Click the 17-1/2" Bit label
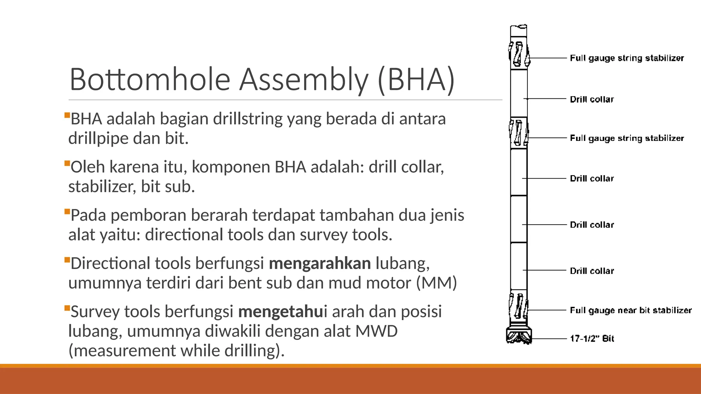(x=592, y=339)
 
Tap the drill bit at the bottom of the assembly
(x=519, y=335)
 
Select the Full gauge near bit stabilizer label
(x=630, y=310)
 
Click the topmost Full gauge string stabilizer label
(x=627, y=58)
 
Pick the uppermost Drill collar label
(x=592, y=100)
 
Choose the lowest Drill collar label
(x=592, y=271)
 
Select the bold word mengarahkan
(x=320, y=263)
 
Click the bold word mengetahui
(x=283, y=312)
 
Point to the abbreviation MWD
(x=377, y=331)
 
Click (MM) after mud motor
(x=436, y=283)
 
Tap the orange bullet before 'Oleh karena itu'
(x=67, y=163)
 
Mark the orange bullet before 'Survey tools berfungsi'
(x=67, y=308)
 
